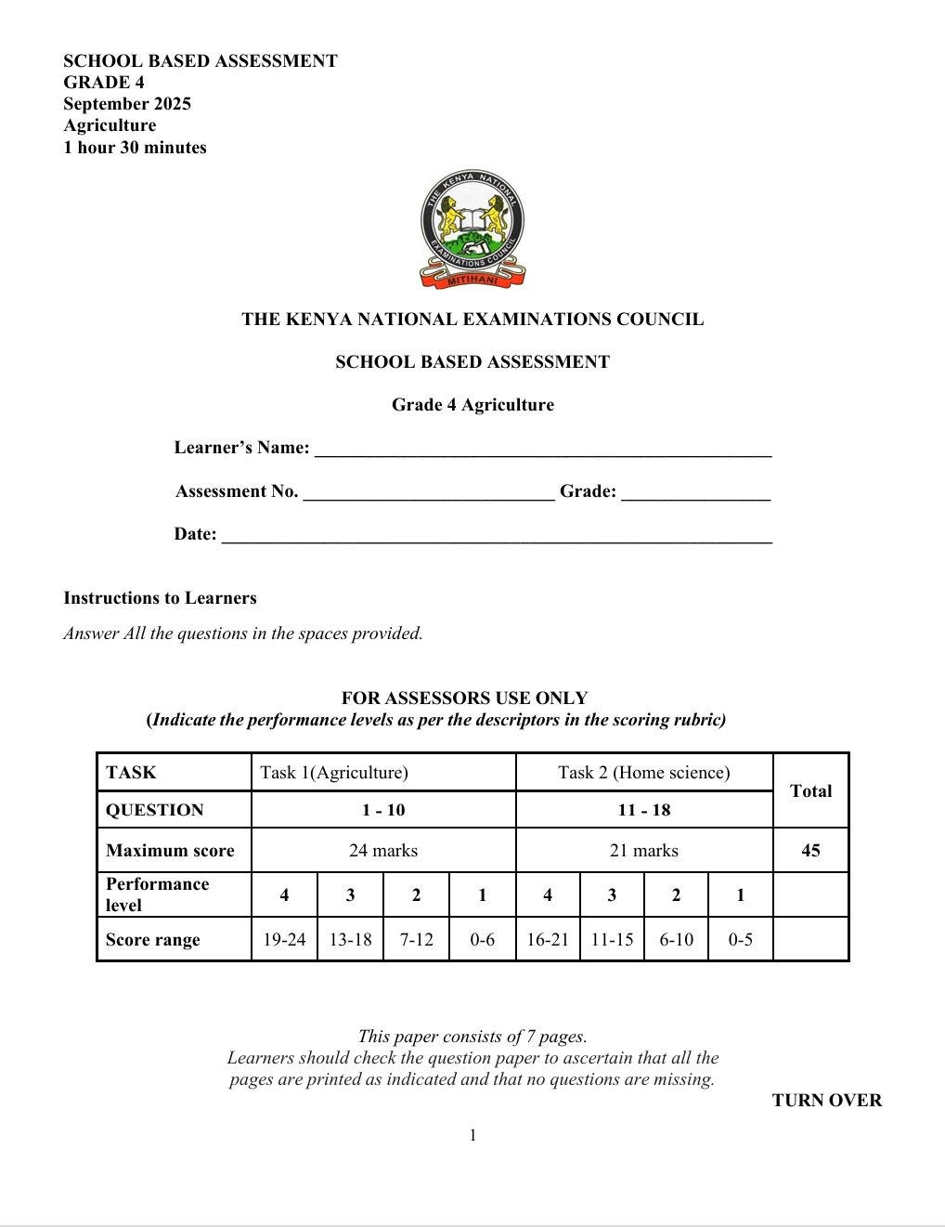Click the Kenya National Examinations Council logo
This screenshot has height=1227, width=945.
click(472, 228)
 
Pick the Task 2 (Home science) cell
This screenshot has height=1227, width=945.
click(644, 773)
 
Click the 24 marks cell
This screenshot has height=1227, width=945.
click(383, 851)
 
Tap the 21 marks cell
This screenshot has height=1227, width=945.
click(644, 851)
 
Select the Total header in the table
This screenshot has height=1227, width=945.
click(810, 791)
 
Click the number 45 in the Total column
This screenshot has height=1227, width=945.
click(810, 851)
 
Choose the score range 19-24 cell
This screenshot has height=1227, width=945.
click(284, 940)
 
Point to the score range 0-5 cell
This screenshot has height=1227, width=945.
click(740, 940)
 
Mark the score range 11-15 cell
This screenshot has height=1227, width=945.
click(612, 940)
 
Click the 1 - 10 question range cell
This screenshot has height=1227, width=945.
click(383, 810)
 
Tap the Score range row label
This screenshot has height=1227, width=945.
click(153, 940)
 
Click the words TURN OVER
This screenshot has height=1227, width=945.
click(826, 1101)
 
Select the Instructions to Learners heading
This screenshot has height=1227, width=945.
click(160, 598)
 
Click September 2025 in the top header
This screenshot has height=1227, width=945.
click(127, 104)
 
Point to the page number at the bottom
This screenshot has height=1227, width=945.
click(472, 1135)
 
